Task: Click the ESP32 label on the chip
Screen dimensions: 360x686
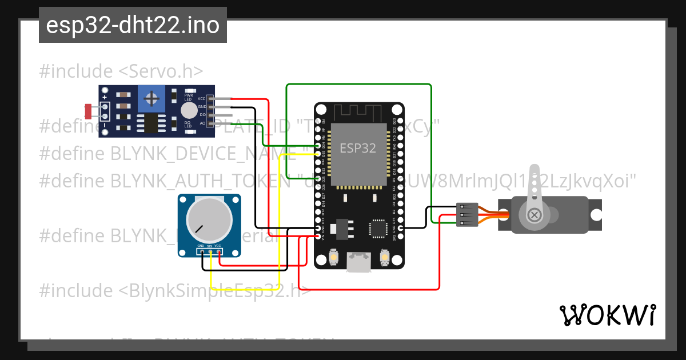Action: coord(358,148)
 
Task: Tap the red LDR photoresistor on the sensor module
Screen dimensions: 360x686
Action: coord(88,111)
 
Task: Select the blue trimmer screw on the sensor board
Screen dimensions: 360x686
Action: coord(151,99)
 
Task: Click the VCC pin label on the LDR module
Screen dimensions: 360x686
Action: coord(202,98)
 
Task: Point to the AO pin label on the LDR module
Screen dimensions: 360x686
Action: coord(202,123)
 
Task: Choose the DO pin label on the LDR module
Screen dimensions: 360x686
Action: coord(202,115)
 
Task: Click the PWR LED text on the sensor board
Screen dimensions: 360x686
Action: coord(188,97)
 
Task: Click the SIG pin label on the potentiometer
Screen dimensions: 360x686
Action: coord(210,246)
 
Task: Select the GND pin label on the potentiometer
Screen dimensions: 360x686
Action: coord(201,246)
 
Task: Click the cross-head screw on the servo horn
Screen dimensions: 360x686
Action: coord(535,215)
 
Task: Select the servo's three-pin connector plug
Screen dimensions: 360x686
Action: coord(467,215)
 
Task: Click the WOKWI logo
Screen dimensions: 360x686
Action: coord(608,315)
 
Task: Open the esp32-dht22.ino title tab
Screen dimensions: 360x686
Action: coord(133,25)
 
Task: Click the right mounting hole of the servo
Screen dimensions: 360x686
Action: coord(596,215)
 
